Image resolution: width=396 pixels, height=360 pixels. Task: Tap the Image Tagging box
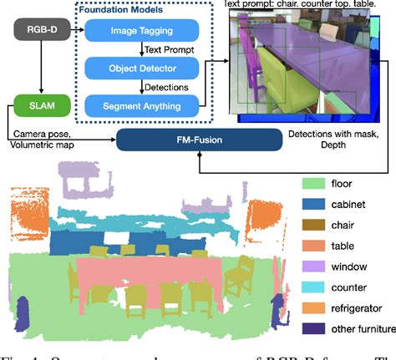point(142,33)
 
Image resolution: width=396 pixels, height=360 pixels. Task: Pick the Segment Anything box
point(142,105)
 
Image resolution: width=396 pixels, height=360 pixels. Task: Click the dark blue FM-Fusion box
point(197,139)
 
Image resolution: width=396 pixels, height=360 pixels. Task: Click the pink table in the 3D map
point(150,269)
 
